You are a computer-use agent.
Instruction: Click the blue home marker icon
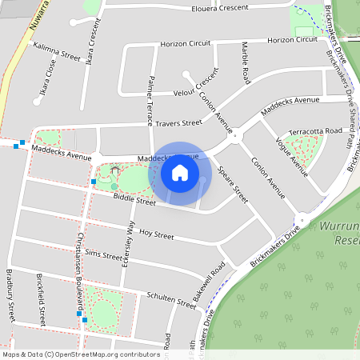(180, 173)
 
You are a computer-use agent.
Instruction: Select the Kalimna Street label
(57, 52)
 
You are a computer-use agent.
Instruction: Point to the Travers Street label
(179, 123)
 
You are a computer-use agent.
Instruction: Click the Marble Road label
(246, 65)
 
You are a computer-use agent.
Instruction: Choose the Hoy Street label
(156, 235)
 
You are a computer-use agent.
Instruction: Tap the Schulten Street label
(171, 300)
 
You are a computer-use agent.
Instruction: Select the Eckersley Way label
(127, 249)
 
